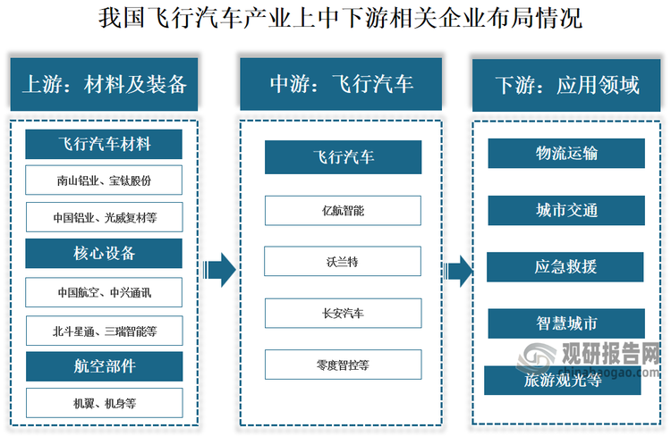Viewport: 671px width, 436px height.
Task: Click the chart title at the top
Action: [335, 17]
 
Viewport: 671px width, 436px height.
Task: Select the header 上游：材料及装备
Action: [104, 85]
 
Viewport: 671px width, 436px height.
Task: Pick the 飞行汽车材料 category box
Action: [104, 143]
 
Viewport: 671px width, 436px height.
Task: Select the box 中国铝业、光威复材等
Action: [104, 217]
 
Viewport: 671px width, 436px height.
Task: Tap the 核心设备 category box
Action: [104, 254]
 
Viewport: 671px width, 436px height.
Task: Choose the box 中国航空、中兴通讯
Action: [104, 292]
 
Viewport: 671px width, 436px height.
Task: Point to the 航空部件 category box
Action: [104, 366]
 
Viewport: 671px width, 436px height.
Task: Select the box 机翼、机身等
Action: [104, 403]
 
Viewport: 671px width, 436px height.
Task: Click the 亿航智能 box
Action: [343, 211]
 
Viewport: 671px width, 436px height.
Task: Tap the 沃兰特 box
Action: [343, 263]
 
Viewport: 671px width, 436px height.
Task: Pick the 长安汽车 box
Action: [343, 314]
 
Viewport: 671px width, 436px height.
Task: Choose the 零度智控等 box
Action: [343, 365]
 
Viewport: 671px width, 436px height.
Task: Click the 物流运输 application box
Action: [566, 154]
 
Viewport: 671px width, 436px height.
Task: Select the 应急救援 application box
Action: [566, 267]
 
